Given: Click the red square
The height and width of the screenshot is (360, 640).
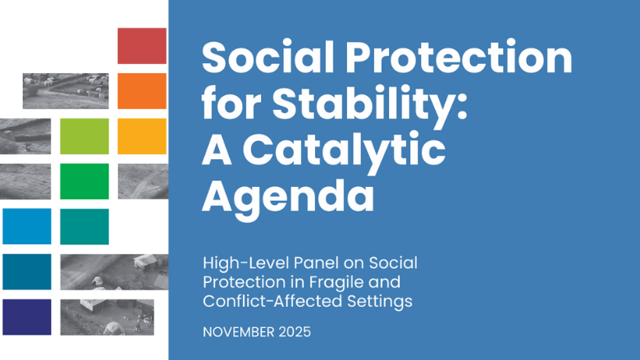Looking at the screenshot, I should coord(142,46).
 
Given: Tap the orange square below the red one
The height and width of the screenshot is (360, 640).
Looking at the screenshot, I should coord(142,91).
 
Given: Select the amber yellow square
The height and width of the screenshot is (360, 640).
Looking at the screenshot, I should coord(142,136).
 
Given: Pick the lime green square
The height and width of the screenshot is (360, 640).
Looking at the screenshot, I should coord(85,136).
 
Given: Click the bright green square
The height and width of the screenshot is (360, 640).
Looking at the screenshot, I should coord(85,181).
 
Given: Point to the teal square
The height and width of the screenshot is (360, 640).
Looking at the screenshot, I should coord(85,226).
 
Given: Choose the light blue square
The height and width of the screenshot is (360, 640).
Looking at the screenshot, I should coord(26,226).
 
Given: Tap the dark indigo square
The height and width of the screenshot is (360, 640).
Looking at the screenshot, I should coord(26,317).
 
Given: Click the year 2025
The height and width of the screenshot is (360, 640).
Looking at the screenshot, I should coord(297,334).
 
